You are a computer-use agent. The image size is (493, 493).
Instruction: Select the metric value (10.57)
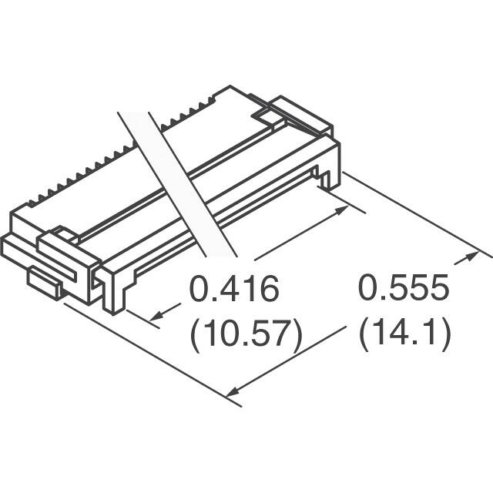click(x=245, y=335)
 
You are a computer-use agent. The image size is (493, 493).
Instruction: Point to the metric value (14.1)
click(x=405, y=335)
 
